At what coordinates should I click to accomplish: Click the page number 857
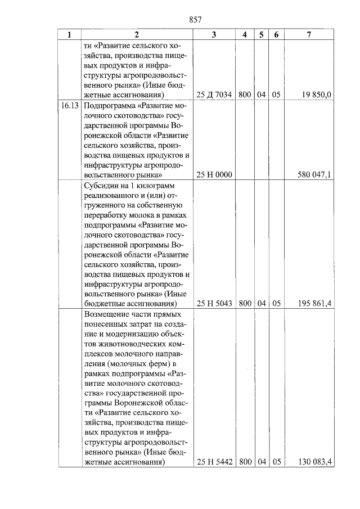pyautogui.click(x=196, y=20)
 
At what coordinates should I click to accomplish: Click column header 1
pyautogui.click(x=70, y=34)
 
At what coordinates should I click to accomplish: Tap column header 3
pyautogui.click(x=214, y=34)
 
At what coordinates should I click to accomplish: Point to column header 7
pyautogui.click(x=309, y=34)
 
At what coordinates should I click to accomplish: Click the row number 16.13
pyautogui.click(x=70, y=105)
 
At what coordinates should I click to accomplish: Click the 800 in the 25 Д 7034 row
pyautogui.click(x=244, y=94)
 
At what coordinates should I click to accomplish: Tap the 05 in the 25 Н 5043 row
pyautogui.click(x=276, y=304)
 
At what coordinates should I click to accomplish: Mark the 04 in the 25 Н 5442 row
pyautogui.click(x=261, y=462)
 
